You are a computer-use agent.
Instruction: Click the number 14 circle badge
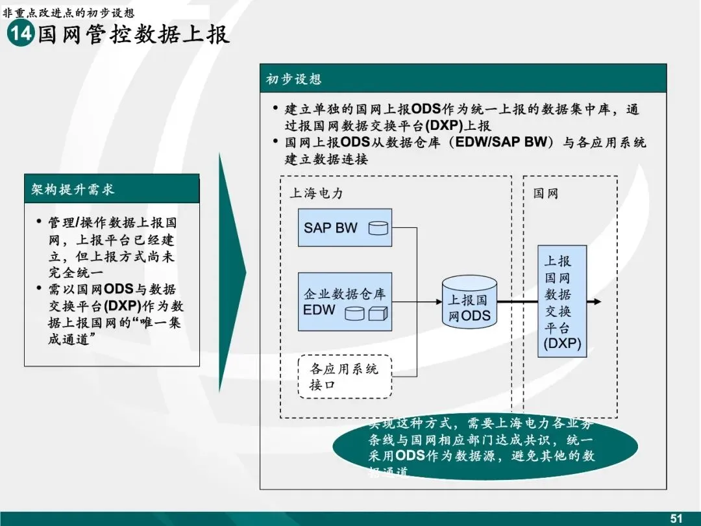[20, 34]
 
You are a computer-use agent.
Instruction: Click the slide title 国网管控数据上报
[134, 34]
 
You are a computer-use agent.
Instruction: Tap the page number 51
[676, 518]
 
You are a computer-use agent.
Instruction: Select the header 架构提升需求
[73, 190]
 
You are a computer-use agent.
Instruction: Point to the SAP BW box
[345, 227]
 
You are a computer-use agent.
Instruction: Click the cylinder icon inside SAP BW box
[378, 228]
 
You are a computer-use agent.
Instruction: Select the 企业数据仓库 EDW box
[345, 302]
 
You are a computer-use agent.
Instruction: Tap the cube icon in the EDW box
[377, 313]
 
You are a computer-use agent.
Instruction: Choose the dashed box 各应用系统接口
[345, 377]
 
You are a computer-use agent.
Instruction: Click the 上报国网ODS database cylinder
[469, 302]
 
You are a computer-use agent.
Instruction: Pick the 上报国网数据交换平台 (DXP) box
[561, 302]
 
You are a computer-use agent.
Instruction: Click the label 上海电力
[315, 194]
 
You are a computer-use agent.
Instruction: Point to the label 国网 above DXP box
[546, 194]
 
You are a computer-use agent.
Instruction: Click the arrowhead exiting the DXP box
[596, 302]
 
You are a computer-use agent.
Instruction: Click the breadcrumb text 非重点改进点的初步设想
[69, 12]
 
